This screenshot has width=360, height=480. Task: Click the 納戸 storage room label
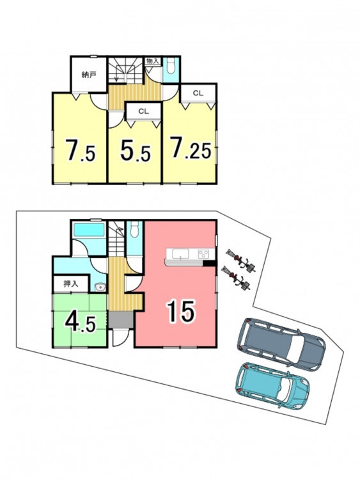(x=88, y=75)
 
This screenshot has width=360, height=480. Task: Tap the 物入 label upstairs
(x=153, y=61)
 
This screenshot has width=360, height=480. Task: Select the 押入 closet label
(x=71, y=284)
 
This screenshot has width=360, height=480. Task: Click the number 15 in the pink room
(x=181, y=311)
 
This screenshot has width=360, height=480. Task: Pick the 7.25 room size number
(x=191, y=148)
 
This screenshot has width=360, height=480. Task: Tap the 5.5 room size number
(x=135, y=150)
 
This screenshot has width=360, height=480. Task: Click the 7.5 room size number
(x=81, y=150)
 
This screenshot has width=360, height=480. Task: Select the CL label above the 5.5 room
(x=143, y=111)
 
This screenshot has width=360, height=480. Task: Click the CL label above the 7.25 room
(x=198, y=93)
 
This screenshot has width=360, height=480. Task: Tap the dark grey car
(x=281, y=344)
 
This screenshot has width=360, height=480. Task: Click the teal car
(x=273, y=385)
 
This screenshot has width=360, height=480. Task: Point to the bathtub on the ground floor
(x=89, y=230)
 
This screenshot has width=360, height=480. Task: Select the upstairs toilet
(x=171, y=65)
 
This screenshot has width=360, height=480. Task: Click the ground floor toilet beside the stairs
(x=134, y=228)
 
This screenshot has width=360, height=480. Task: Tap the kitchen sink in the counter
(x=180, y=253)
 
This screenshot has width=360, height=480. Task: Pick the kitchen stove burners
(x=203, y=253)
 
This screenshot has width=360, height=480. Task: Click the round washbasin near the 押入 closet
(x=100, y=287)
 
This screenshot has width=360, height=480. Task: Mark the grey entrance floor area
(x=120, y=320)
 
